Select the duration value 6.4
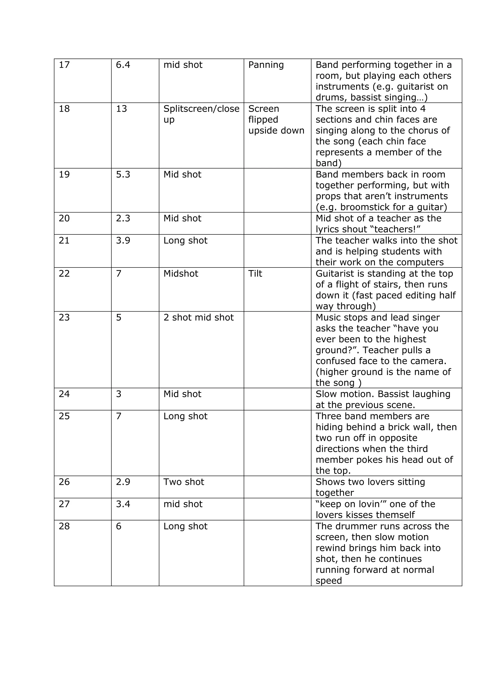pos(123,65)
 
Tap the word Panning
pos(266,65)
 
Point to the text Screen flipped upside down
pos(276,119)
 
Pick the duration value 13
pos(121,109)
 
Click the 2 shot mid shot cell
pos(199,317)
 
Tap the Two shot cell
pos(184,482)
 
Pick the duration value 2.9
pos(123,482)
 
